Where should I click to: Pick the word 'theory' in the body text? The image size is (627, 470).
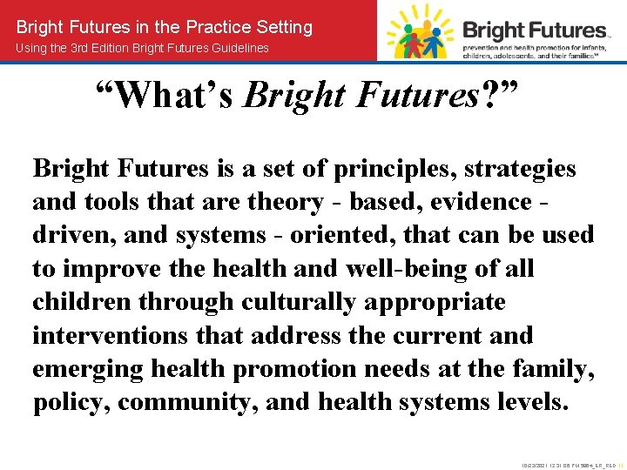(285, 202)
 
